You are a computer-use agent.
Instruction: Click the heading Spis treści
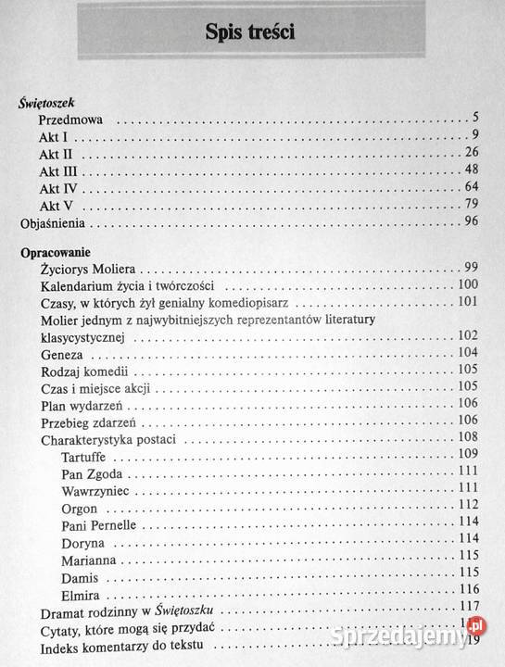pyautogui.click(x=252, y=33)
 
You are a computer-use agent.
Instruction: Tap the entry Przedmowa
pyautogui.click(x=77, y=120)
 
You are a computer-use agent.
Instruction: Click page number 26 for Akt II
pyautogui.click(x=471, y=152)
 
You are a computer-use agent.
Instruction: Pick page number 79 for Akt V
pyautogui.click(x=471, y=204)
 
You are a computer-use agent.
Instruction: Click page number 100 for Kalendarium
pyautogui.click(x=468, y=284)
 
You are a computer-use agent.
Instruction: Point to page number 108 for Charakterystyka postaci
pyautogui.click(x=468, y=436)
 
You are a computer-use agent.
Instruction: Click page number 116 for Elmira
pyautogui.click(x=468, y=589)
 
